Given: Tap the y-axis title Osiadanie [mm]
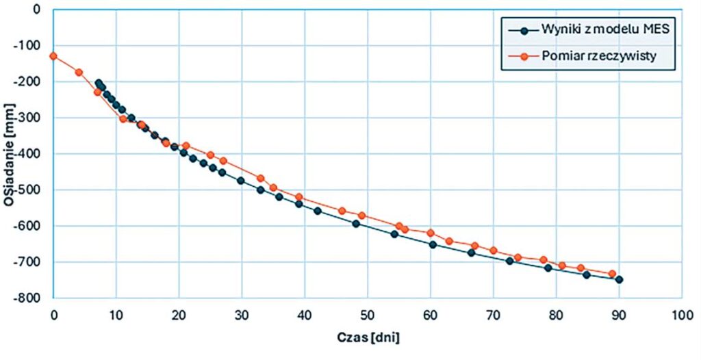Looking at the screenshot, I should pyautogui.click(x=10, y=153).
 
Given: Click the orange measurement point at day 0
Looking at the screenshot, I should pyautogui.click(x=53, y=56).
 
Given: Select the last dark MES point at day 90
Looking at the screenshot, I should pyautogui.click(x=619, y=279).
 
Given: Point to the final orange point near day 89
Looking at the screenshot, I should pyautogui.click(x=613, y=274).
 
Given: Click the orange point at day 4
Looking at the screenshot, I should pyautogui.click(x=79, y=72).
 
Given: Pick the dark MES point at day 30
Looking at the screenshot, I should pyautogui.click(x=241, y=181).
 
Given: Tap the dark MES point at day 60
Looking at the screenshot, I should pyautogui.click(x=433, y=244).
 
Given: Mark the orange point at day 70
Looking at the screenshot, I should pyautogui.click(x=494, y=250).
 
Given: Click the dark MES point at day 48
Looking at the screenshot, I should pyautogui.click(x=356, y=223).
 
